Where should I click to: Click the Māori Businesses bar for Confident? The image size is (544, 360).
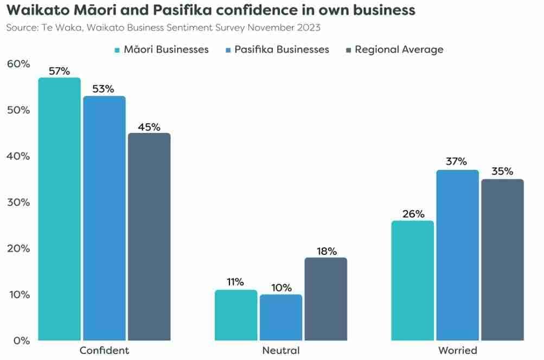[59, 209]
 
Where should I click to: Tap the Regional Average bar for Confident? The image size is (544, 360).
[149, 237]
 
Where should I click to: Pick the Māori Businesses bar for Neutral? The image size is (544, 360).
[236, 316]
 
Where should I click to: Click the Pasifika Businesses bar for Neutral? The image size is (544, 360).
[281, 318]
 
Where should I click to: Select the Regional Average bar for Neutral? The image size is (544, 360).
[326, 299]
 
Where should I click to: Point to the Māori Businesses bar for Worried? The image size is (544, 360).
[413, 281]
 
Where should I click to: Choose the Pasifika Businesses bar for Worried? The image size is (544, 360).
[458, 255]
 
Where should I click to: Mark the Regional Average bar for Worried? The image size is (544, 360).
[503, 260]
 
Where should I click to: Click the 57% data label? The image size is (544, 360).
[59, 71]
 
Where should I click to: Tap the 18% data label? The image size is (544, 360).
[326, 251]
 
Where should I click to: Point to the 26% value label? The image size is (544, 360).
[413, 214]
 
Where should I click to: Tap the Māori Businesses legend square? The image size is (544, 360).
[117, 50]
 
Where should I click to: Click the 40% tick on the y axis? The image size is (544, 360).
[18, 156]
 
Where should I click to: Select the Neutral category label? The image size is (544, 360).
[281, 350]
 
